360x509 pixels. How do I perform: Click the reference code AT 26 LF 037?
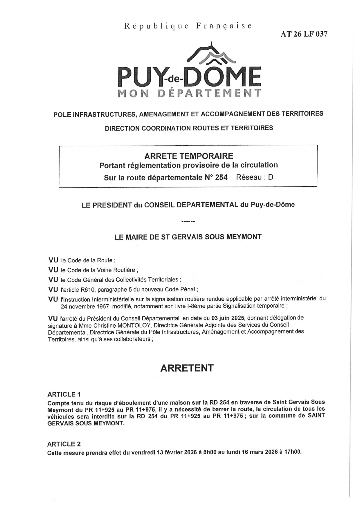point(304,34)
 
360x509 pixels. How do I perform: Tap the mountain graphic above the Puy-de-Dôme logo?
point(212,55)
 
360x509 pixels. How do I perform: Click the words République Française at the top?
point(188,26)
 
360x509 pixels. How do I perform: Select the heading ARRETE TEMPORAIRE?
point(188,156)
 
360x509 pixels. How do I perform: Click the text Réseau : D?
point(255,177)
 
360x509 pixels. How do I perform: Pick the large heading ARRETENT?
point(187,368)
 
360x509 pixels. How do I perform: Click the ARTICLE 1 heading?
point(64,394)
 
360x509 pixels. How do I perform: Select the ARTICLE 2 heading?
point(64,444)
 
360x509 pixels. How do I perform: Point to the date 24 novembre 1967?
point(85,306)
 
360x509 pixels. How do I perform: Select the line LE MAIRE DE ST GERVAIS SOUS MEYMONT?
point(188,237)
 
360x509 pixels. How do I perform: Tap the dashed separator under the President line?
point(188,222)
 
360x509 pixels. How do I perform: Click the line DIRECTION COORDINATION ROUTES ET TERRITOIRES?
point(189,128)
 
